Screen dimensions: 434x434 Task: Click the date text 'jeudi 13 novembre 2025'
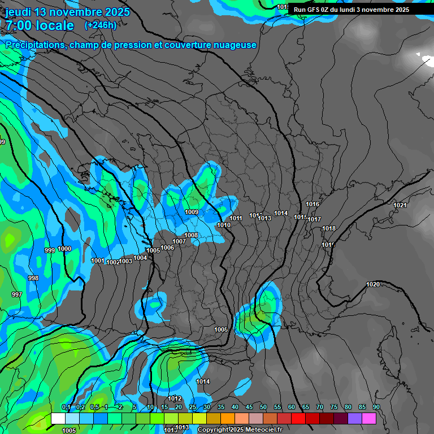(x=67, y=12)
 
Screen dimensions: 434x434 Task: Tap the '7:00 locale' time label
(x=40, y=25)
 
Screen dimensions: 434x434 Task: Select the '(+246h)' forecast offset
(x=100, y=25)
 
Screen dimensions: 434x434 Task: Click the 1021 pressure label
(x=400, y=205)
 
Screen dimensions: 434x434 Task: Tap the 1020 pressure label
(x=373, y=284)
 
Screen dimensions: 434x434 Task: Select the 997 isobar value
(x=17, y=294)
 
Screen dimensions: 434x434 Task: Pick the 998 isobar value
(x=33, y=278)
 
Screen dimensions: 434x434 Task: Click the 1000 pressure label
(x=64, y=249)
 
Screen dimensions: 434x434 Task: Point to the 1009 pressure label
(x=192, y=212)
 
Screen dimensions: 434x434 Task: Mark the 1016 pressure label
(x=313, y=204)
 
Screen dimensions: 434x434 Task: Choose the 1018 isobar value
(x=329, y=228)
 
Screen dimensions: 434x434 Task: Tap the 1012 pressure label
(x=175, y=398)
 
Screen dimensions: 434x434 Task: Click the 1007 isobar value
(x=179, y=241)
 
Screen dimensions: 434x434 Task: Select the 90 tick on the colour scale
(x=376, y=407)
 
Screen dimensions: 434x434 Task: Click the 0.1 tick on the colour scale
(x=66, y=407)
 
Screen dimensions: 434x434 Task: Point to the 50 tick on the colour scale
(x=263, y=407)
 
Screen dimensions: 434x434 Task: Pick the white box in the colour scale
(x=58, y=418)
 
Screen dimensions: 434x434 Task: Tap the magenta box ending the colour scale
(x=369, y=418)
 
